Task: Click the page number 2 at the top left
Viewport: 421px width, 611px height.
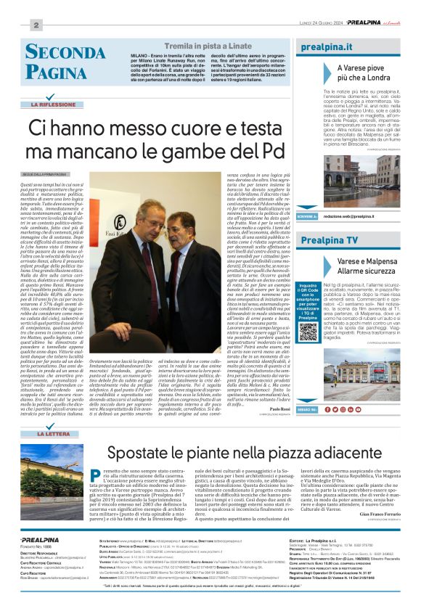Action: [x=35, y=25]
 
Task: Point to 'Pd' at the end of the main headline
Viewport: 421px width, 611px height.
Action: [x=275, y=151]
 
